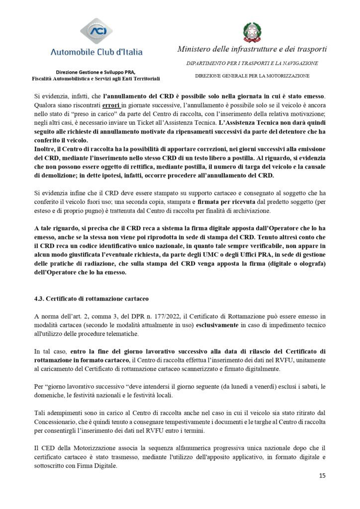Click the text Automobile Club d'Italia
97,52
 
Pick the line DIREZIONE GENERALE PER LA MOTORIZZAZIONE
252,76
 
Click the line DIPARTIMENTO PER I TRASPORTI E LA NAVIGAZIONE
253,64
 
